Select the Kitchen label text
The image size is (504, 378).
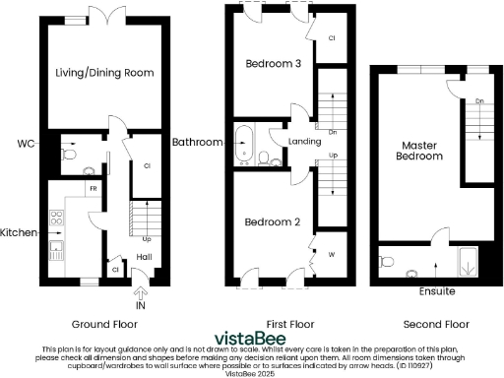point(19,232)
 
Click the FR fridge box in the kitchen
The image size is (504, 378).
point(93,187)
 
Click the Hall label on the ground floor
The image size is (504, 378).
point(144,256)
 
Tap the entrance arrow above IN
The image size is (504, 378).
point(140,290)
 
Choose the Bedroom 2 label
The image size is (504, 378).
point(272,221)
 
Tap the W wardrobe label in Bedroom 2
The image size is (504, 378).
point(331,254)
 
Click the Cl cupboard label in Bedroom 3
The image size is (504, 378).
point(331,38)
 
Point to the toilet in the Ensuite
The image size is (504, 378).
point(387,261)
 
